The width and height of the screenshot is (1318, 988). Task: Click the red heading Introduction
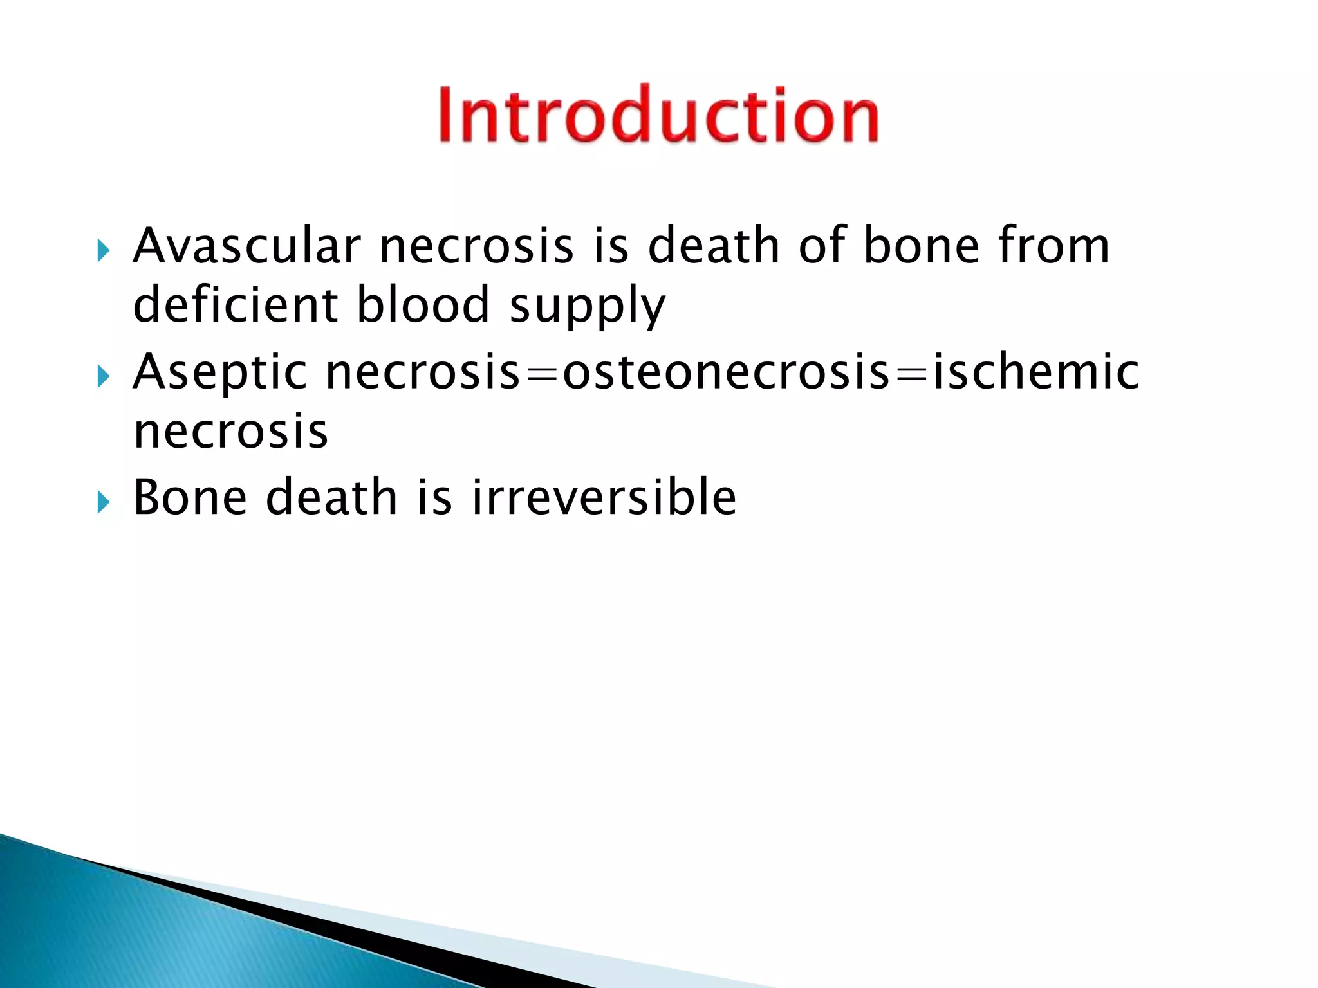coord(658,114)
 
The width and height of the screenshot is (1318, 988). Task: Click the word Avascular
coord(246,246)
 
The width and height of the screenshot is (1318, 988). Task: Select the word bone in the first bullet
coord(921,246)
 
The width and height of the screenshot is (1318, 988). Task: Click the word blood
coord(423,304)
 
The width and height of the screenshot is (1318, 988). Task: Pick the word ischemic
coord(1035,372)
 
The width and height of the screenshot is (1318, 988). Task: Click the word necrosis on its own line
coord(230,431)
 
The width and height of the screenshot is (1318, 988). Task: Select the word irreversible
coord(604,497)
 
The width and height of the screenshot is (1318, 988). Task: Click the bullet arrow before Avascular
coord(104,251)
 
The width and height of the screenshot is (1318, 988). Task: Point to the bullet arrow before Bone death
coord(104,502)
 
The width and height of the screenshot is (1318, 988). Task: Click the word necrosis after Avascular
coord(476,246)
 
